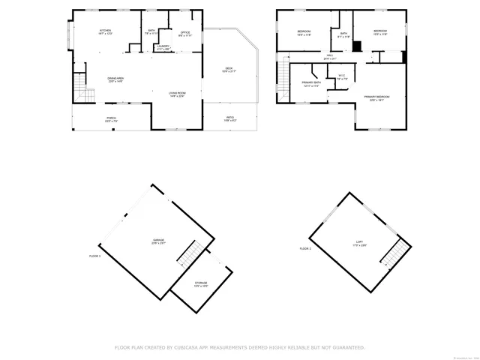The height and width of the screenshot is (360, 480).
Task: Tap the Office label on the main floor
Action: [x=184, y=32]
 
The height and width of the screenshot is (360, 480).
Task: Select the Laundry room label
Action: [x=162, y=46]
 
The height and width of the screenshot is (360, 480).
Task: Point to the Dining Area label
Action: [x=115, y=79]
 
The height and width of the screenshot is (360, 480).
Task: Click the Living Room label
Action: [x=177, y=93]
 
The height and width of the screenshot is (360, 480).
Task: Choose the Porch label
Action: [x=111, y=118]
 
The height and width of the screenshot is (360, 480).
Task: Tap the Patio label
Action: [x=230, y=118]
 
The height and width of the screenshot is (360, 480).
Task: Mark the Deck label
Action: [x=229, y=69]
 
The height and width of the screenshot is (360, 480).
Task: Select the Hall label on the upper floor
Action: [x=330, y=56]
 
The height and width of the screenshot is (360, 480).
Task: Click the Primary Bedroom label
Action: [x=376, y=97]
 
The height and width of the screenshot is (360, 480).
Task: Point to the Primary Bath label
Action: [x=310, y=83]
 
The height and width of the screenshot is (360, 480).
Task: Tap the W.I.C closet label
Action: [x=340, y=76]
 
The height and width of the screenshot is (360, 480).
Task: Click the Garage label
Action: [x=158, y=241]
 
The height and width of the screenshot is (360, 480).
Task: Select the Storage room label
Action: [x=201, y=283]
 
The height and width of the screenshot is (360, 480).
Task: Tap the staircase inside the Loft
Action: [x=394, y=253]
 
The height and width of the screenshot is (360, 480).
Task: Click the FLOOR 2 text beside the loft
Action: [x=305, y=248]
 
